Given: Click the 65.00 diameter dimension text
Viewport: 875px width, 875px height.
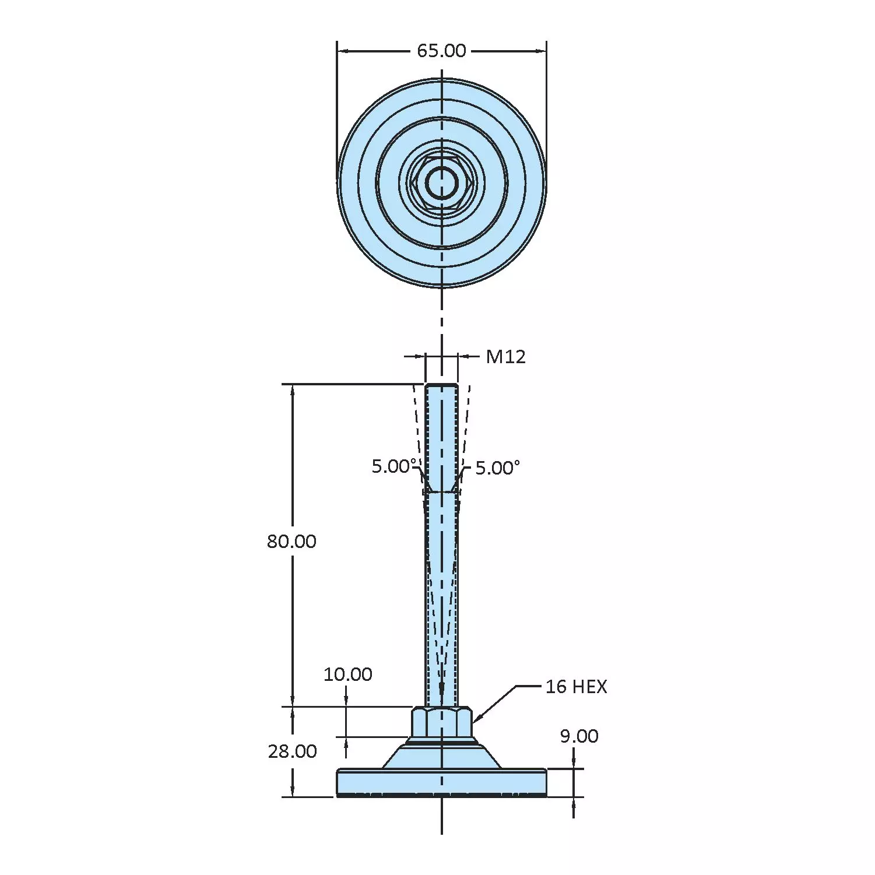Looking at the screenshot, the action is point(441,51).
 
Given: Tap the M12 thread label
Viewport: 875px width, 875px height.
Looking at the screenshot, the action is point(505,356).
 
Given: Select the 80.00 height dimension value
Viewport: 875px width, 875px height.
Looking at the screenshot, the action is point(291,542).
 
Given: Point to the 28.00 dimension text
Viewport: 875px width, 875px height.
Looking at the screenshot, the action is point(292,751).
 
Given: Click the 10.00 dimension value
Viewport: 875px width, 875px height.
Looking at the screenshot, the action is point(347,674).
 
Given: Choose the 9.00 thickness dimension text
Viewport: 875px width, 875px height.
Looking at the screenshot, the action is point(579,736).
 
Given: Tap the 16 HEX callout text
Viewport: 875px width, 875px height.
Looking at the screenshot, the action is point(576,687).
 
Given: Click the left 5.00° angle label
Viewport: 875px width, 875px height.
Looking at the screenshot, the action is point(395,466).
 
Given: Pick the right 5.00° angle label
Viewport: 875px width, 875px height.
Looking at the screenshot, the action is point(498,468).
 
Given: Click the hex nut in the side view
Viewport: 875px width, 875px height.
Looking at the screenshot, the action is point(441,722).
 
